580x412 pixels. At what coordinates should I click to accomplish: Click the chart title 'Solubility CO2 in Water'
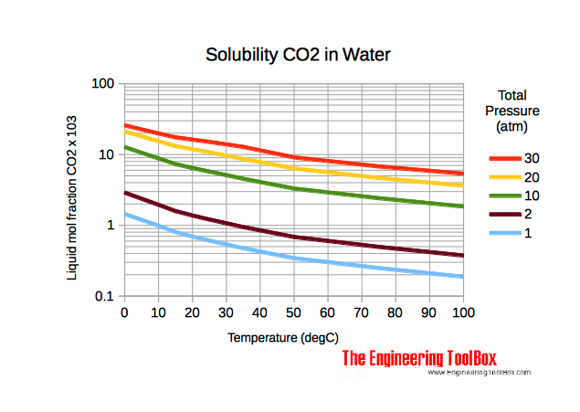coord(299,55)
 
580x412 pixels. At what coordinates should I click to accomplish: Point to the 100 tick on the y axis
coord(102,84)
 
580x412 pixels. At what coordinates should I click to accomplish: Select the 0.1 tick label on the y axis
coord(104,297)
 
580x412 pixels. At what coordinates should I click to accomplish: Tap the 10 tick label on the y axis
coord(106,154)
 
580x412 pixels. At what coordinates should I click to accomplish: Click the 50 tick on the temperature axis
coord(294,312)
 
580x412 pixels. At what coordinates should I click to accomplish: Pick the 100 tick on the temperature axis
coord(463,312)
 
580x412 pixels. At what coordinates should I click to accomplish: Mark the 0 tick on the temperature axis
coord(124,312)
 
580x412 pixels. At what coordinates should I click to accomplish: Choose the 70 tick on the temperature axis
coord(362,312)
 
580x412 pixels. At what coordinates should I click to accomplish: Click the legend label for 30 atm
coord(531,157)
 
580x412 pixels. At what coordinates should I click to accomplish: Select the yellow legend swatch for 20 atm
coord(504,177)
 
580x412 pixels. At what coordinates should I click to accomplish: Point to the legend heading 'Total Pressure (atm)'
coord(518,110)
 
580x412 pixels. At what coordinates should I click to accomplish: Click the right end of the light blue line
coord(463,277)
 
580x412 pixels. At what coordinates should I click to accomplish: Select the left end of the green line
coord(125,147)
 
